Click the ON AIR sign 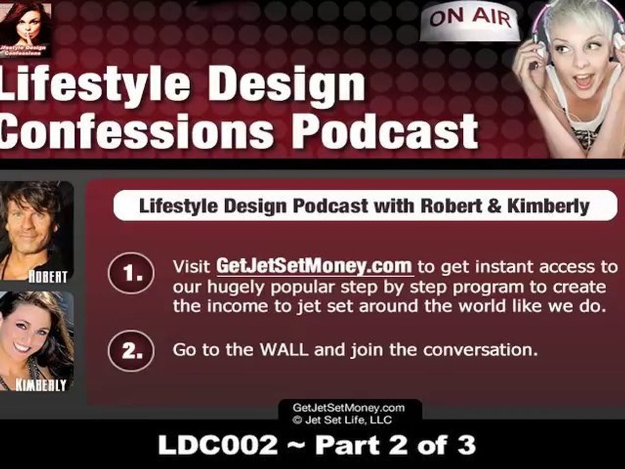pyautogui.click(x=470, y=22)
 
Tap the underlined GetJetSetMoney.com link pyautogui.click(x=314, y=266)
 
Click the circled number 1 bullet pyautogui.click(x=131, y=274)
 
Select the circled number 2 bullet pyautogui.click(x=131, y=351)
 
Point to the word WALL pyautogui.click(x=284, y=350)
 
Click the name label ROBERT pyautogui.click(x=47, y=276)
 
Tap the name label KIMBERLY pyautogui.click(x=40, y=385)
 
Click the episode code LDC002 pyautogui.click(x=217, y=445)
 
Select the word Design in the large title pyautogui.click(x=286, y=85)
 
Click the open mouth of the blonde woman pyautogui.click(x=583, y=79)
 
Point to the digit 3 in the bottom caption pyautogui.click(x=466, y=445)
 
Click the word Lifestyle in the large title pyautogui.click(x=94, y=85)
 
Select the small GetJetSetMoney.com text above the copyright pyautogui.click(x=343, y=408)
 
